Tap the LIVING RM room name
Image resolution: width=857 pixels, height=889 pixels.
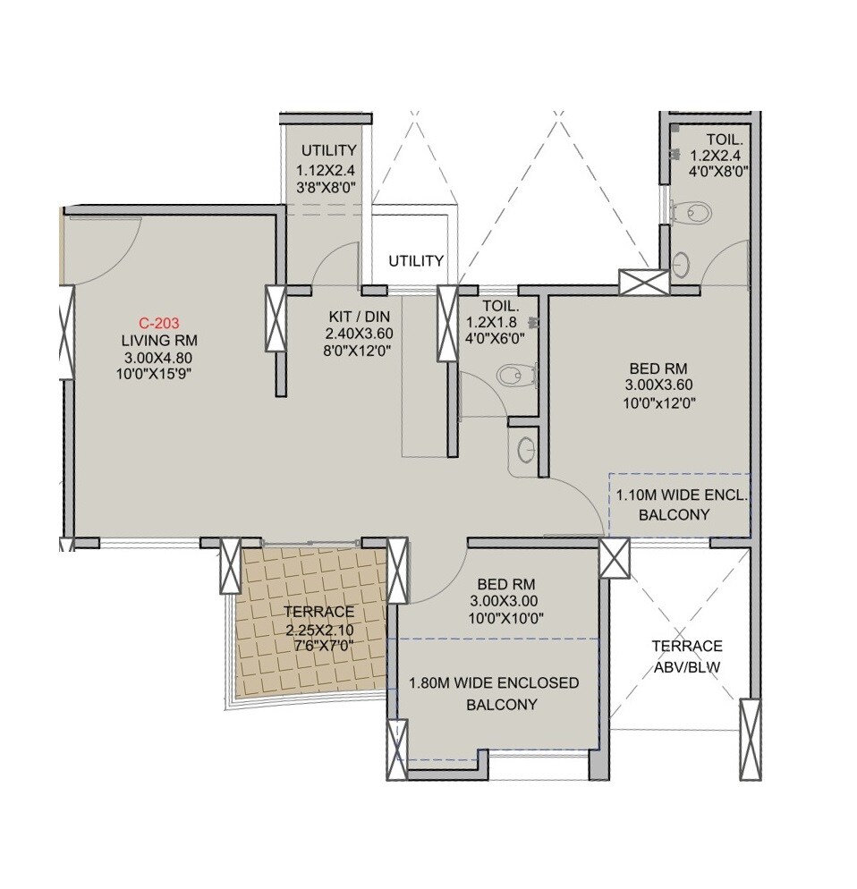159,341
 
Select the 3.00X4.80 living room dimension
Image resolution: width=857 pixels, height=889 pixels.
159,358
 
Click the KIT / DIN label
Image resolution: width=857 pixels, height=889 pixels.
359,316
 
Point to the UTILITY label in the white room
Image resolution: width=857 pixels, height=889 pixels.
416,261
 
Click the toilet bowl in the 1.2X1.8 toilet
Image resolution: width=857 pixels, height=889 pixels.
511,375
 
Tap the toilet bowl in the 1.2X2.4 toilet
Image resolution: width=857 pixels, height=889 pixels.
698,213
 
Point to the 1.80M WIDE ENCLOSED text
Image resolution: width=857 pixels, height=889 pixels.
493,683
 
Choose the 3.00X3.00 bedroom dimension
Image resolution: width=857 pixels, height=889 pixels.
506,601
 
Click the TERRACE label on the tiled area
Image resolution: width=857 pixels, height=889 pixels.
318,612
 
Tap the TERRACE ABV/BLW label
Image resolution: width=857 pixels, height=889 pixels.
686,656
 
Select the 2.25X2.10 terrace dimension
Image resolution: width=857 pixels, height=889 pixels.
318,629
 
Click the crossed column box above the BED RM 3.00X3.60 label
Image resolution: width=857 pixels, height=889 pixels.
643,282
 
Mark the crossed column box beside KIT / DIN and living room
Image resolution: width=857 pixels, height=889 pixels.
275,318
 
